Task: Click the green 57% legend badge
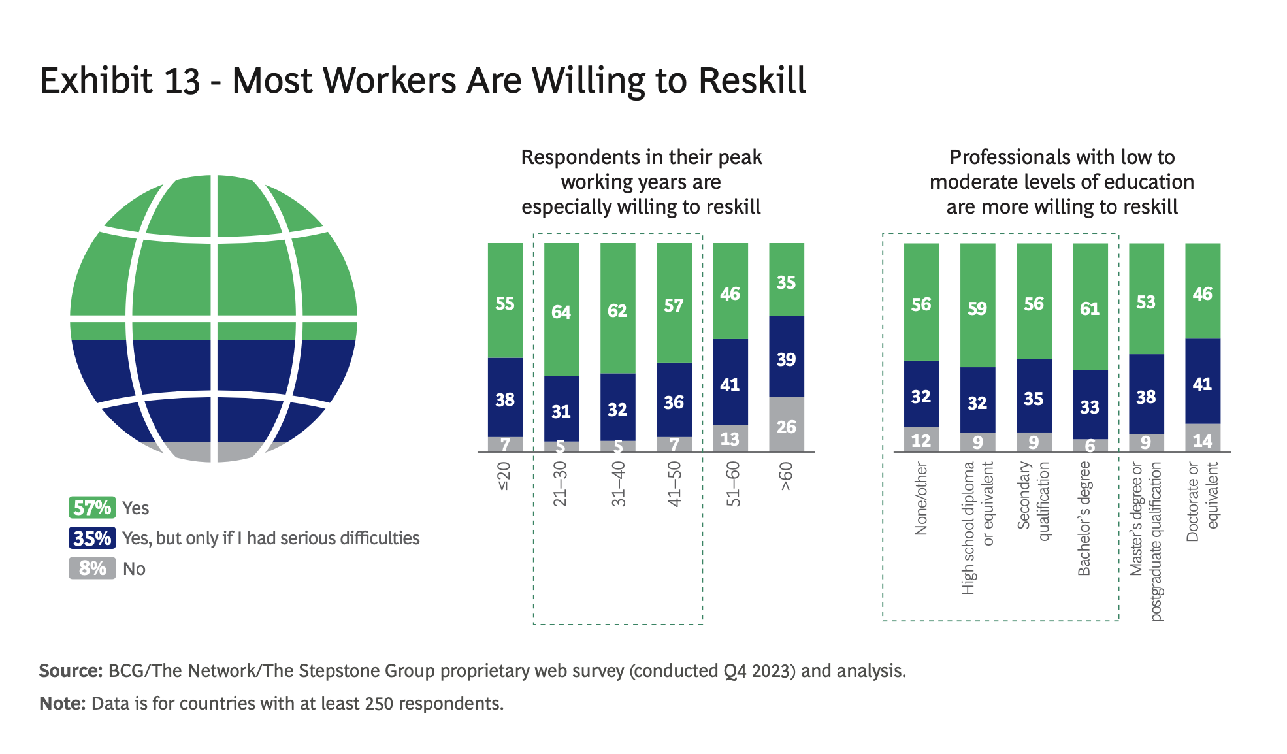tap(92, 508)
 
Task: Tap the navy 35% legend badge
tap(92, 538)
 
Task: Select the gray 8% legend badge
tap(92, 568)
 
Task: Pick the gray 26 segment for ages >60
tap(786, 425)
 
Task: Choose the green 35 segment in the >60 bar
tap(786, 280)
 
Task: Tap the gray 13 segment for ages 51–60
tap(730, 438)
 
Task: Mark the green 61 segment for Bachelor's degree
tap(1090, 307)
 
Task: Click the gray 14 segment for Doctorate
tap(1203, 438)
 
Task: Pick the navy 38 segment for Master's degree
tap(1146, 395)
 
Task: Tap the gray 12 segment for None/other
tap(921, 440)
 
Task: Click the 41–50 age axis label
tap(674, 484)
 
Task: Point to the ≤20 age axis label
tap(504, 476)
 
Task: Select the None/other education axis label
tap(921, 499)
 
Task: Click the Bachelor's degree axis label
tap(1084, 519)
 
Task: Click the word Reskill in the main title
tap(752, 81)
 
